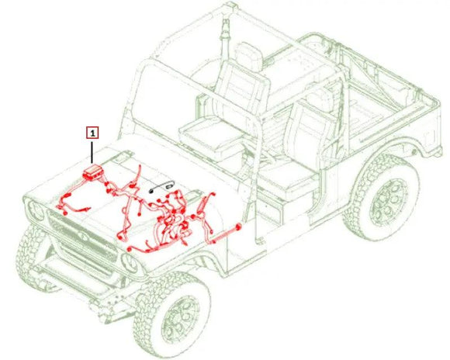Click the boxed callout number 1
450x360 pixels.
[x=92, y=133]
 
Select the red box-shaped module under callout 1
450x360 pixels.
[x=94, y=171]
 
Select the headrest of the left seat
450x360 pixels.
[x=248, y=57]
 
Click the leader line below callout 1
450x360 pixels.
[x=92, y=151]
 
